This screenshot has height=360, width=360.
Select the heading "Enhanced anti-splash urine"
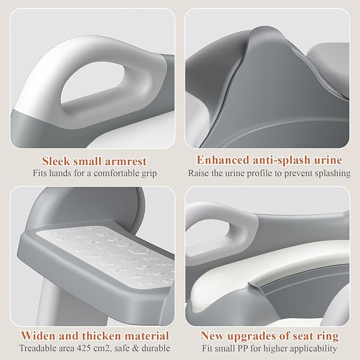click(269, 160)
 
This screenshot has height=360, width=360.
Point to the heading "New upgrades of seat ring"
click(269, 336)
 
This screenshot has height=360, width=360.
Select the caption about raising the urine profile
click(269, 172)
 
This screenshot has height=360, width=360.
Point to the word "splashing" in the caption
click(332, 172)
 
